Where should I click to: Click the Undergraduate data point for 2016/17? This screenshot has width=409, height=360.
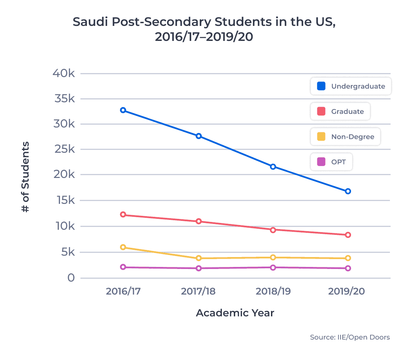click(x=123, y=110)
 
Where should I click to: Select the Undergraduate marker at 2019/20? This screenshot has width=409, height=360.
click(x=348, y=191)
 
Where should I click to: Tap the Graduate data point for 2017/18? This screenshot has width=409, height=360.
click(x=199, y=221)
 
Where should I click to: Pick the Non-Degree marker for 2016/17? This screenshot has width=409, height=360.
click(x=123, y=247)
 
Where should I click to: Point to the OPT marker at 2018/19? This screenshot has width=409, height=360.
click(x=273, y=268)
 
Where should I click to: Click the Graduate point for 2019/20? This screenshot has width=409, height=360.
click(x=348, y=235)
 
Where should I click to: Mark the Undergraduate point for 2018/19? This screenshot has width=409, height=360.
click(x=273, y=167)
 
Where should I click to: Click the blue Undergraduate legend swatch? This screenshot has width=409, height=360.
click(x=321, y=86)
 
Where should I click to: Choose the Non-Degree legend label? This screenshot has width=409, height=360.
click(x=352, y=137)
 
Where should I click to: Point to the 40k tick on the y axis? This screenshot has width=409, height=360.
click(x=64, y=73)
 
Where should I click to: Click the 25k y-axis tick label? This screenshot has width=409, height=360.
click(x=64, y=149)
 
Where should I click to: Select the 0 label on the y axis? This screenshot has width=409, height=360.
click(x=71, y=278)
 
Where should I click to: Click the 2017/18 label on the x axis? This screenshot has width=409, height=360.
click(x=198, y=291)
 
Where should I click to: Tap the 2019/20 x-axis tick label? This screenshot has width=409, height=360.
click(x=346, y=291)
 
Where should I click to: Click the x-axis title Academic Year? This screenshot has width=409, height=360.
click(x=235, y=313)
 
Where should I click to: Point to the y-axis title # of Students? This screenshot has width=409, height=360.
click(x=26, y=177)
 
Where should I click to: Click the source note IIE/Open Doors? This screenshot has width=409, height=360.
click(x=350, y=337)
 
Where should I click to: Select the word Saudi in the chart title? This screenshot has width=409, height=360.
click(x=91, y=22)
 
